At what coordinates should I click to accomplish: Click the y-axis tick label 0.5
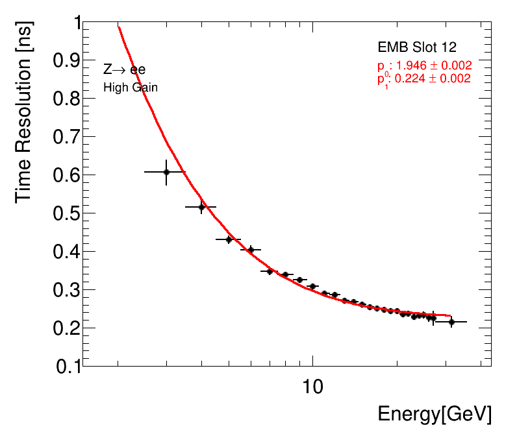(x=60, y=213)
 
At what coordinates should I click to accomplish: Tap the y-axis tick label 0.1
(x=60, y=367)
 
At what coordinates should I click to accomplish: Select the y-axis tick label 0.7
(x=60, y=137)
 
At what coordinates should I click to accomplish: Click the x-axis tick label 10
(x=313, y=387)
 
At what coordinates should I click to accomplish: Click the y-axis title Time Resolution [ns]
(x=25, y=111)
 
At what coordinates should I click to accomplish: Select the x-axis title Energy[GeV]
(x=435, y=415)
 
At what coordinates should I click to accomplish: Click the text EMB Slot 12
(x=417, y=48)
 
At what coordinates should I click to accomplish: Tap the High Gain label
(x=131, y=87)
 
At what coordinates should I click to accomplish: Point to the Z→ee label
(x=124, y=70)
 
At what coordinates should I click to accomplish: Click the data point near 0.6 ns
(x=166, y=172)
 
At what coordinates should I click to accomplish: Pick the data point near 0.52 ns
(x=201, y=207)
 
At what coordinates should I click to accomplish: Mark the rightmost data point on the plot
(x=451, y=322)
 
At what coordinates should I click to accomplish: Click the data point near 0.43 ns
(x=229, y=239)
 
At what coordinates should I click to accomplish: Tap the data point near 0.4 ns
(x=251, y=250)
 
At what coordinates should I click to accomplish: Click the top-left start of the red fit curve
(x=119, y=27)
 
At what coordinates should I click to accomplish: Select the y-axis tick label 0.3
(x=60, y=290)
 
